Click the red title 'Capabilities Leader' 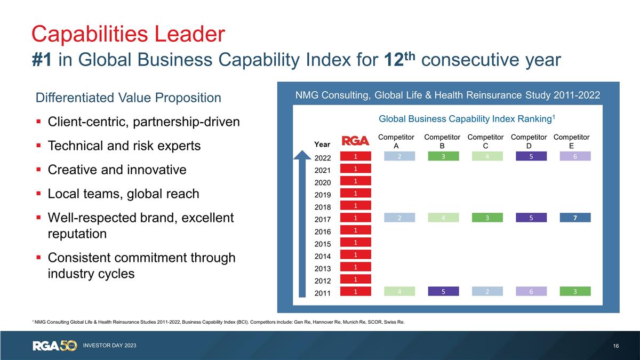point(128,33)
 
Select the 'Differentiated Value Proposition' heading point(128,98)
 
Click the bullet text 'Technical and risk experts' point(124,146)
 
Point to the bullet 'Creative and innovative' point(117,170)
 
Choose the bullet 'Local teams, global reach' point(123,194)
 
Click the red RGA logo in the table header point(355,141)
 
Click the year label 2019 point(323,195)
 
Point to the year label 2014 point(323,256)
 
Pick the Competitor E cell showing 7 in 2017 point(575,218)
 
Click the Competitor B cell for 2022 point(443,156)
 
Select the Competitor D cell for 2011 point(531,291)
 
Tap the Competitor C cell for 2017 point(487,218)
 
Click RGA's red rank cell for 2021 point(355,169)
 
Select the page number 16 point(616,346)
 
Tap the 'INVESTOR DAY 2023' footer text point(109,346)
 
